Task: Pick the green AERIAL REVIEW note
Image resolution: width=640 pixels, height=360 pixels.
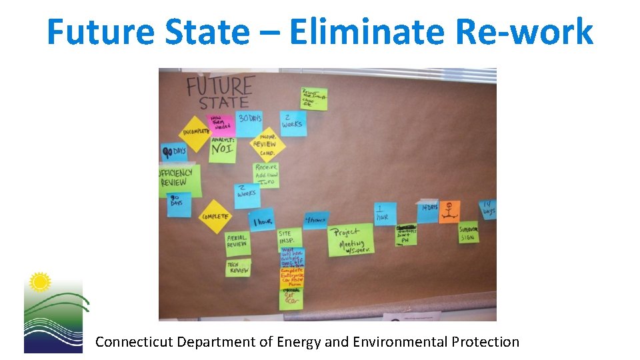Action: coord(237,241)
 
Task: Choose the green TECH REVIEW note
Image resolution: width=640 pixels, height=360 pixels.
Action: coord(238,267)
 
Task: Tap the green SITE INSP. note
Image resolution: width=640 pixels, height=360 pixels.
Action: coord(289,238)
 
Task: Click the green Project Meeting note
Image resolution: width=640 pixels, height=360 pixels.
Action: coord(349,239)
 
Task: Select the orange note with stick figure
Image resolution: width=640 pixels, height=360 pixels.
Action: coord(449,211)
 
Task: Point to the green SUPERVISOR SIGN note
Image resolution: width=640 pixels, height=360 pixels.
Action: coord(468,233)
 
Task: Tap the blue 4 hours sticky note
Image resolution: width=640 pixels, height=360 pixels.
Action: coord(316,219)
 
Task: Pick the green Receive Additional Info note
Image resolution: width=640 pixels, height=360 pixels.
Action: coord(267,175)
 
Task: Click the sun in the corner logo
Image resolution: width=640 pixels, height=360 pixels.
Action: coord(41,283)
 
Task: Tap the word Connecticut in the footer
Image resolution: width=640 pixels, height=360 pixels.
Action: coord(130,342)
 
